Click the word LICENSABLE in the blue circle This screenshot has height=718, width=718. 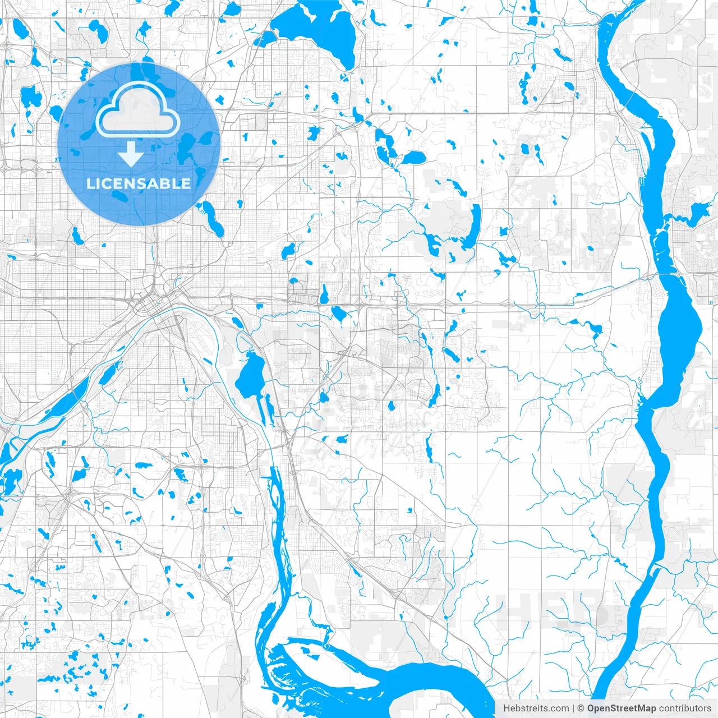click(x=139, y=184)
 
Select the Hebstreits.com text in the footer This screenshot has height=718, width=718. click(x=536, y=708)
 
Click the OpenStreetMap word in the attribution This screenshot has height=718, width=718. click(x=622, y=708)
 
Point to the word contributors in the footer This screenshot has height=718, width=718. click(x=685, y=708)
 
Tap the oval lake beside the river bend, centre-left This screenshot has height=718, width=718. click(x=250, y=375)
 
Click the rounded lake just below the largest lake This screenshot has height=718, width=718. click(x=414, y=158)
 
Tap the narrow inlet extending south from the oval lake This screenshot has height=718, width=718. click(x=263, y=409)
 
